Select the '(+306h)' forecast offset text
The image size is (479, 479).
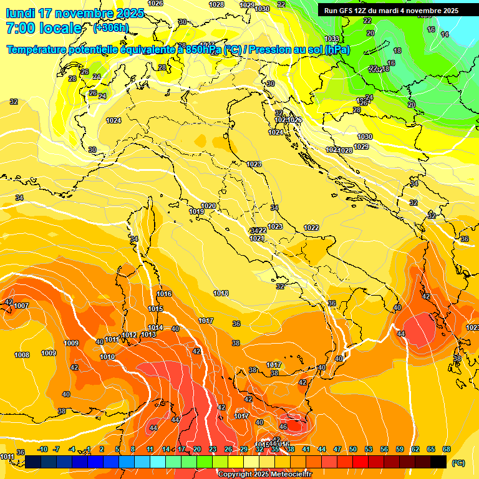pyautogui.click(x=111, y=28)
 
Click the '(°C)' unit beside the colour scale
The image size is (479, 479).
pyautogui.click(x=458, y=463)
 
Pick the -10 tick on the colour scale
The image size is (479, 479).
pyautogui.click(x=42, y=449)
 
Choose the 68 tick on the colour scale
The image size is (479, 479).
pyautogui.click(x=447, y=449)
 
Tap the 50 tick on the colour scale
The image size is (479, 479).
pyautogui.click(x=353, y=449)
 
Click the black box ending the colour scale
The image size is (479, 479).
pyautogui.click(x=438, y=462)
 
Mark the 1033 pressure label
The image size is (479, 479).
pyautogui.click(x=332, y=39)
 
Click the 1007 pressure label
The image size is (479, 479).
pyautogui.click(x=21, y=306)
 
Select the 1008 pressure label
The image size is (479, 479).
pyautogui.click(x=22, y=354)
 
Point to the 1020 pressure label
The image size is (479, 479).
pyautogui.click(x=208, y=206)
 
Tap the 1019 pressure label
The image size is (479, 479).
pyautogui.click(x=196, y=211)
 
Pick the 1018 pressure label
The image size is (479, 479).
pyautogui.click(x=221, y=293)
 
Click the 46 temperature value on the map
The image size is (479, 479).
pyautogui.click(x=283, y=427)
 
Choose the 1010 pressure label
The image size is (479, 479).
pyautogui.click(x=107, y=357)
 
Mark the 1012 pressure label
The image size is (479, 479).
pyautogui.click(x=129, y=335)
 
